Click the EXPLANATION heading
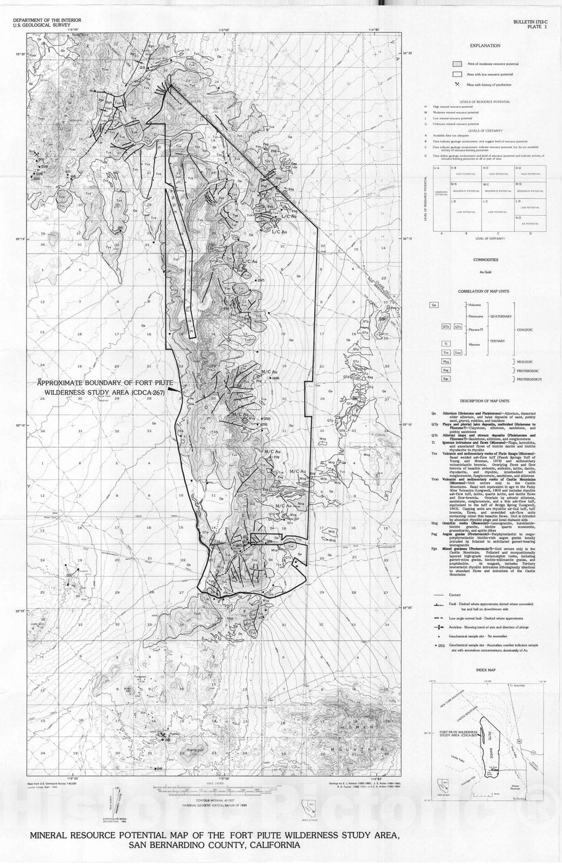[485, 46]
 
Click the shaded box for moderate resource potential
[457, 63]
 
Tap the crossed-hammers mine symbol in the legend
[457, 85]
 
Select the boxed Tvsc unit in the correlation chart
[458, 352]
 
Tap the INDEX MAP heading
[485, 670]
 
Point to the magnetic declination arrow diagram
[115, 801]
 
